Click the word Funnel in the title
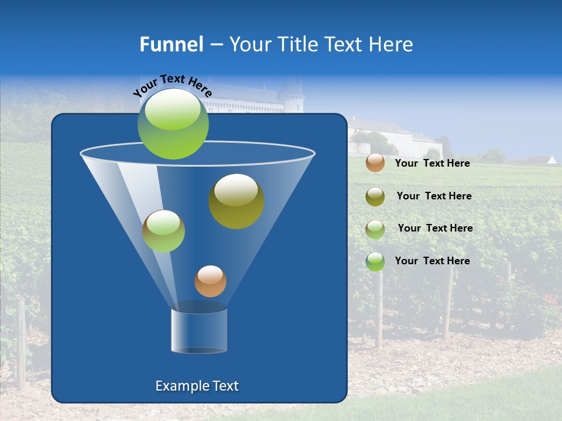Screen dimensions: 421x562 coord(171,44)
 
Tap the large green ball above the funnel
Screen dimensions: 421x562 coord(173,123)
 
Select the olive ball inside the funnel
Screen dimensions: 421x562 coord(237,201)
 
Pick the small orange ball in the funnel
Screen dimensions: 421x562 coord(210,281)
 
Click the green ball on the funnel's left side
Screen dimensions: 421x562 coord(163,231)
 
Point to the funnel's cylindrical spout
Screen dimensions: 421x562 coord(199,330)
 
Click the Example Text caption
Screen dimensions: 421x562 coord(197,386)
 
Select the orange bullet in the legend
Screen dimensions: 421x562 coord(375,163)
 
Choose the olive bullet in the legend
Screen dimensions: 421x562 coord(375,196)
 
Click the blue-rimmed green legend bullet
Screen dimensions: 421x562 coord(375,261)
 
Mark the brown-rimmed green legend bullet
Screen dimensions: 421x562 coord(375,229)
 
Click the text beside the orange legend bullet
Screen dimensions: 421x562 coord(433,164)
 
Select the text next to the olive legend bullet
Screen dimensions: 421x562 coord(434,196)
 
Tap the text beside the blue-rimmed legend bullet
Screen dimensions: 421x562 coord(433,261)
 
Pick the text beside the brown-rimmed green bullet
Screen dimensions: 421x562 coord(436,229)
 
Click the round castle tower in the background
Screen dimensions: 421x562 coord(291,96)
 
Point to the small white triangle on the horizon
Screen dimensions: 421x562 coord(551,159)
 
